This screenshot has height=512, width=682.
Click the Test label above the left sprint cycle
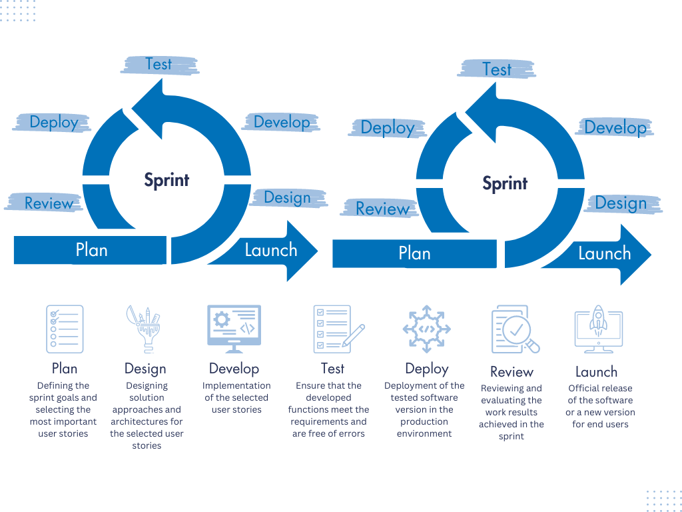pos(159,64)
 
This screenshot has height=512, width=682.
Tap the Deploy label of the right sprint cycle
pos(387,128)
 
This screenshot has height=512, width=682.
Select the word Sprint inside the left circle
pos(167,180)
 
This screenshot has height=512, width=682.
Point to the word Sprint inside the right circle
pos(505,183)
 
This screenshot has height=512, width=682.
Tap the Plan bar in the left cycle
pos(91,250)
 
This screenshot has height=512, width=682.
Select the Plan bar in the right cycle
pos(414,253)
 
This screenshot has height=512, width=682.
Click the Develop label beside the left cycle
pos(282,122)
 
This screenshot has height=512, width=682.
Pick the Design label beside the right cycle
pos(621,203)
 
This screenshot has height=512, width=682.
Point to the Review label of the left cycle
pos(48,203)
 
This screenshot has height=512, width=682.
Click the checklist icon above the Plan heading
pos(65,329)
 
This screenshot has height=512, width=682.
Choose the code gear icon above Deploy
pos(426,329)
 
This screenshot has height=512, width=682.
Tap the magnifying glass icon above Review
pos(514,329)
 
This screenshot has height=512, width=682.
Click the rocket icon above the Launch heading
pos(598,329)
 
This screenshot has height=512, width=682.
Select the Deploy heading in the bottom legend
pos(426,369)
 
